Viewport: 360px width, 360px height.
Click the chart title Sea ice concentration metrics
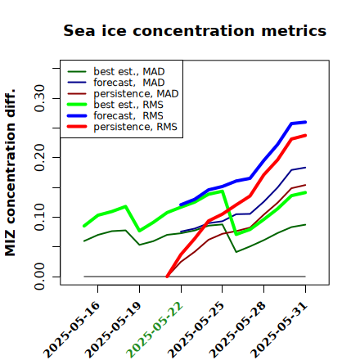195,30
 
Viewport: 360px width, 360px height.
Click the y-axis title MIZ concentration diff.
10,173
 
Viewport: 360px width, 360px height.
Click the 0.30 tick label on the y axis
39,98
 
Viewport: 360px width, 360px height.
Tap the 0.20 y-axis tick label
39,157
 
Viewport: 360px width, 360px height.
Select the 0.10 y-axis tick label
39,217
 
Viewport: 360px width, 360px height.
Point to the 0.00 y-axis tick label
39,277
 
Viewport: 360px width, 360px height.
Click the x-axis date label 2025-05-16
72,330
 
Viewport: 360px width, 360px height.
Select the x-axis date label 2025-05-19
114,330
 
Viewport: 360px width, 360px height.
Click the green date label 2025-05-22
155,330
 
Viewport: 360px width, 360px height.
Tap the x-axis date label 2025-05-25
196,330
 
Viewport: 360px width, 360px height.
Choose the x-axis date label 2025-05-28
238,330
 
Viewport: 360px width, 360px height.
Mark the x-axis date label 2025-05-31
280,330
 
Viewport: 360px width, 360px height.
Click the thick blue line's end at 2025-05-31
305,122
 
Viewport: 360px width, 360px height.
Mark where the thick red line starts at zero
167,277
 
